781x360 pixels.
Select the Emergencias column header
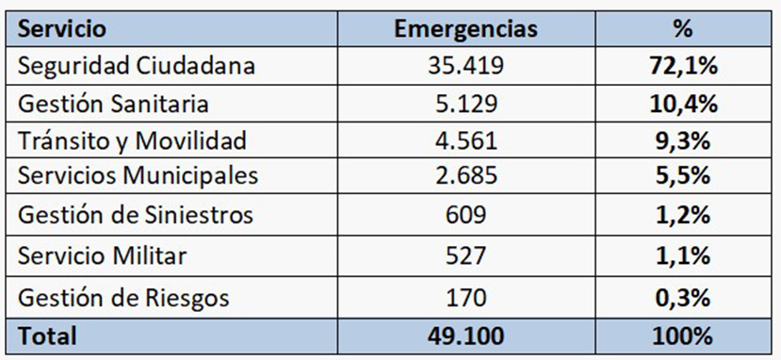point(465,29)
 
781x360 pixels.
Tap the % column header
point(683,29)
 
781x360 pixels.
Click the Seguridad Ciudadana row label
point(137,67)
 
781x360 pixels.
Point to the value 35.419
point(465,67)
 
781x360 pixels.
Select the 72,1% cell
point(683,67)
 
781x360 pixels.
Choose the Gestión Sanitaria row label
point(114,104)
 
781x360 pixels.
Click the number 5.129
point(465,104)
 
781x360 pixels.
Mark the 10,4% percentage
point(683,104)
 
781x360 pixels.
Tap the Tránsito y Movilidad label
point(133,141)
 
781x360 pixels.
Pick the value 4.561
point(465,141)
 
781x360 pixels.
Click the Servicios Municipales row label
point(138,176)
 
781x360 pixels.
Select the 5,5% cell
point(683,176)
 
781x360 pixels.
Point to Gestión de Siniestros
point(137,215)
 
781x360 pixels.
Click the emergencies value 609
point(465,215)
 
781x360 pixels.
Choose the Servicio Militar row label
point(104,255)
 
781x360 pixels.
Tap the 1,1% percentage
point(683,255)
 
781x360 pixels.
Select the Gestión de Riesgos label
point(123,299)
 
